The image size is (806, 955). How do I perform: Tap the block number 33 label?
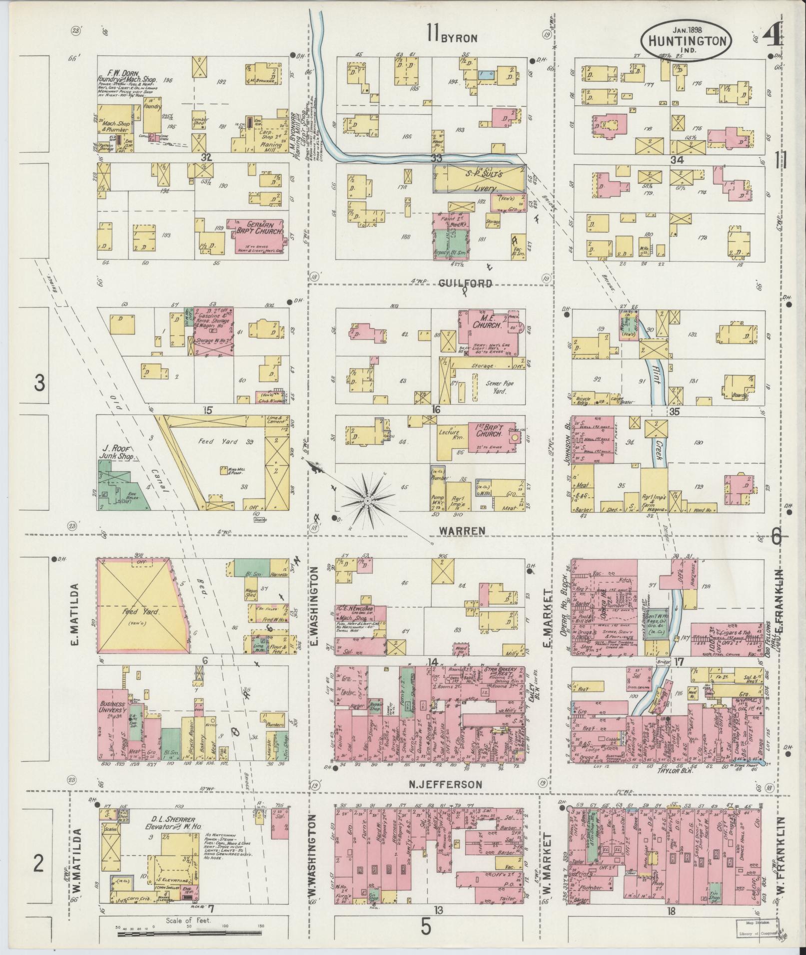pos(437,158)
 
